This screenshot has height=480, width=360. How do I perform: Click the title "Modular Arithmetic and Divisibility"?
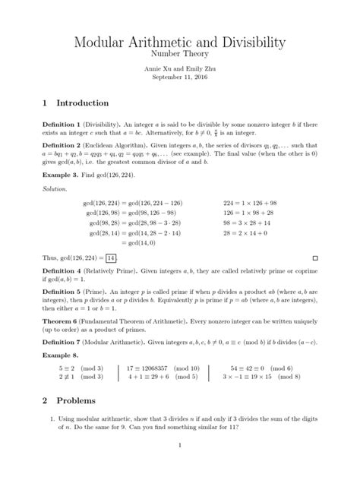pos(180,43)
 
